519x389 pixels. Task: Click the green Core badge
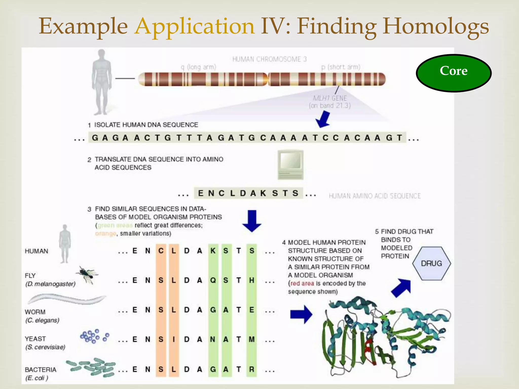point(454,73)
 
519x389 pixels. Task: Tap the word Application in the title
point(194,26)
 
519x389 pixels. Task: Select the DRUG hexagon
point(431,263)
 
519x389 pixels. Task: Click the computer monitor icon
point(290,164)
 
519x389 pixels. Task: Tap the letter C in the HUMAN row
point(161,251)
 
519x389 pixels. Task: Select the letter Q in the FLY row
point(213,280)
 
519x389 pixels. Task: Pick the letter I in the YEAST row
point(174,339)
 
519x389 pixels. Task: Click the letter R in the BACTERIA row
point(251,369)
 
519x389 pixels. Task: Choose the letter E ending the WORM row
point(251,310)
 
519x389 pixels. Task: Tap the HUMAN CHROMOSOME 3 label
point(269,59)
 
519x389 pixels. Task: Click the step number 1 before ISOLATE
point(89,125)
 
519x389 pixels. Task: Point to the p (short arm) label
point(341,67)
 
